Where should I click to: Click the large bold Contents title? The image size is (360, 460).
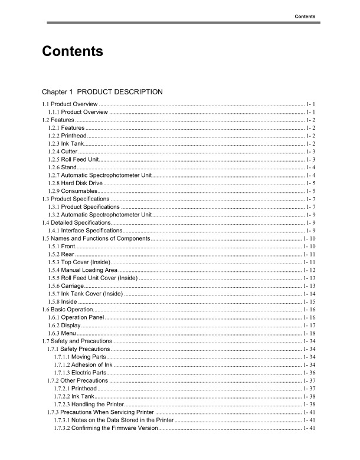[x=73, y=52]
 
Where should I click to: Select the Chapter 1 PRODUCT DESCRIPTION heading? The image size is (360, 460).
[x=102, y=92]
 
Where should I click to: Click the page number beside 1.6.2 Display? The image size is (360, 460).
[x=310, y=325]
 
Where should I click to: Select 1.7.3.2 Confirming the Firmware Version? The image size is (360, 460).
[x=106, y=428]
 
